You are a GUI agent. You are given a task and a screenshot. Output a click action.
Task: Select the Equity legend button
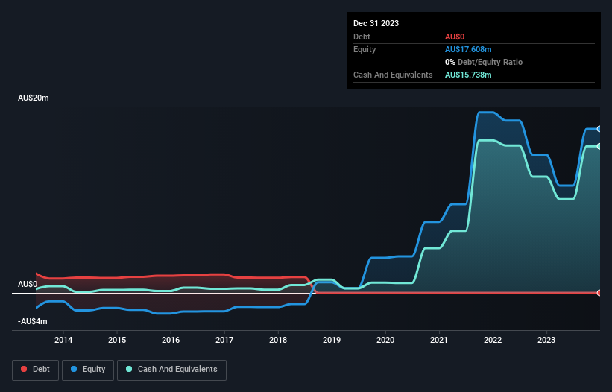(89, 369)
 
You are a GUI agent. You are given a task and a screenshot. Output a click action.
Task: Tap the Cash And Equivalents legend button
(171, 369)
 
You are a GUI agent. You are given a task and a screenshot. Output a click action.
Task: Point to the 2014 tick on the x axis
(63, 341)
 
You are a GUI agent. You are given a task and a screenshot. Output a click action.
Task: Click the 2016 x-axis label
(171, 341)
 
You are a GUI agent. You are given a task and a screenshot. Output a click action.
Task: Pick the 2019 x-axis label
(332, 341)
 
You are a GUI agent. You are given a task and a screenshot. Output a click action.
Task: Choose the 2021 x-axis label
(439, 341)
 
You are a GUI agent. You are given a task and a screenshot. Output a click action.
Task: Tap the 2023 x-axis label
(546, 341)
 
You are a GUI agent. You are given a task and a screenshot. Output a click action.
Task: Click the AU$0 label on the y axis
(28, 285)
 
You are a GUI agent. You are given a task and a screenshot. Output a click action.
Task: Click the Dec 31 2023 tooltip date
(376, 23)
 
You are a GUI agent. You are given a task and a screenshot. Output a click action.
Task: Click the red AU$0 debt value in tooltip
(455, 37)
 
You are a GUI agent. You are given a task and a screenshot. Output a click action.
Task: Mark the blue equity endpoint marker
(599, 129)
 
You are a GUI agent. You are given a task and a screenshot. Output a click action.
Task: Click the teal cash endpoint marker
(599, 146)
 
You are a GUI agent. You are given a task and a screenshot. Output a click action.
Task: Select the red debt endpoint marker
(599, 292)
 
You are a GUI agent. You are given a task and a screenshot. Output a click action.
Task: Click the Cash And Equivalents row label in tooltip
(393, 75)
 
